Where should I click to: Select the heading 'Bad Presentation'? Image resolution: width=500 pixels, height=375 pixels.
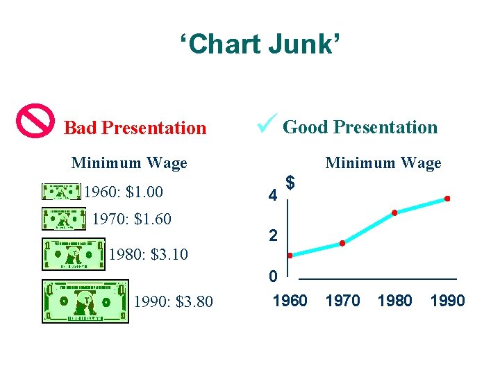135,128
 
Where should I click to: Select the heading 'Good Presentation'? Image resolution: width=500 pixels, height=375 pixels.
360,127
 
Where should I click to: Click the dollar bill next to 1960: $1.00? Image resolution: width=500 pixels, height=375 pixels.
62,192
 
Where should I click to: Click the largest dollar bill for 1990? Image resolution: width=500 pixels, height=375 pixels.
85,301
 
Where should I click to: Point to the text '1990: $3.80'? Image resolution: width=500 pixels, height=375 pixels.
173,302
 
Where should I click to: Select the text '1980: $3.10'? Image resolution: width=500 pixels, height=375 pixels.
148,254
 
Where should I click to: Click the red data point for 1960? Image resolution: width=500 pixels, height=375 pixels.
290,256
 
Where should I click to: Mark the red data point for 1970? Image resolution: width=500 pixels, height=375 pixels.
342,243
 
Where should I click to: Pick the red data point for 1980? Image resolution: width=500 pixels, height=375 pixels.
394,212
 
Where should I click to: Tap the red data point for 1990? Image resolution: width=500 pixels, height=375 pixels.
447,199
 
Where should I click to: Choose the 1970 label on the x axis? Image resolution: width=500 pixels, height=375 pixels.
342,301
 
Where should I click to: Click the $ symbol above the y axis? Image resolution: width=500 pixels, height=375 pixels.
292,183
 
